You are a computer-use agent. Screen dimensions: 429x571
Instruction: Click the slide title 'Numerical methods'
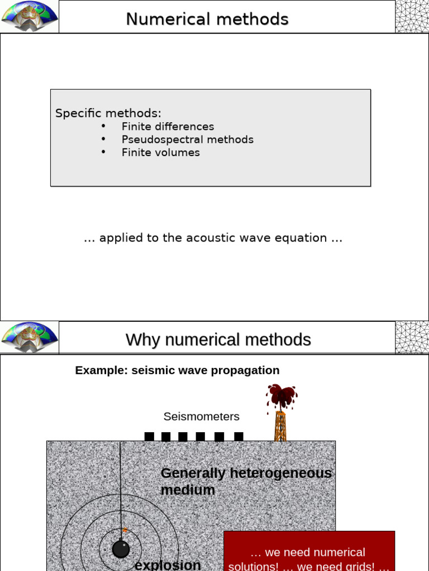tap(207, 20)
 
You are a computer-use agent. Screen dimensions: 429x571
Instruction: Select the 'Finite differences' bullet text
tap(168, 127)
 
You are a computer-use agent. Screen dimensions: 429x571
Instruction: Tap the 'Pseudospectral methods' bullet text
tap(187, 139)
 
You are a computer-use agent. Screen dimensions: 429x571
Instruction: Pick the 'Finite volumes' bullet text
tap(160, 152)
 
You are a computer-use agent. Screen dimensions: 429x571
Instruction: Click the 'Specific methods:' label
tap(108, 113)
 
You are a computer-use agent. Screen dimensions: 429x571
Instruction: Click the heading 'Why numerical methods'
tap(218, 340)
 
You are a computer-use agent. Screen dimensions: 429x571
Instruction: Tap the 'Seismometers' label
tap(201, 417)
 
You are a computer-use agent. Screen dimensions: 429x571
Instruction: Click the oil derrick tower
tap(280, 426)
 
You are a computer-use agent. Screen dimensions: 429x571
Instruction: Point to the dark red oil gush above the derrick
tap(282, 395)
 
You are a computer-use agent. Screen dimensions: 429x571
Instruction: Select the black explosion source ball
tap(121, 549)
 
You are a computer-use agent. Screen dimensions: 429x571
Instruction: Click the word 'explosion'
tap(168, 564)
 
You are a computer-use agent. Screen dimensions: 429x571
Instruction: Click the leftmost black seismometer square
tap(149, 437)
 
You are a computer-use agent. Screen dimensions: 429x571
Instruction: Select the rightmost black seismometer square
tap(239, 437)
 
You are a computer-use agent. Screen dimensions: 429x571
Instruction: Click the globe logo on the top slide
tap(30, 16)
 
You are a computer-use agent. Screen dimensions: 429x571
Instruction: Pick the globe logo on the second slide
tap(30, 337)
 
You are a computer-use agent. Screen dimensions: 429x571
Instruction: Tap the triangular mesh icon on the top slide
tap(412, 16)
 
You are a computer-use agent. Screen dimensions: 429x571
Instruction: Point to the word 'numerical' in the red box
tap(337, 552)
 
